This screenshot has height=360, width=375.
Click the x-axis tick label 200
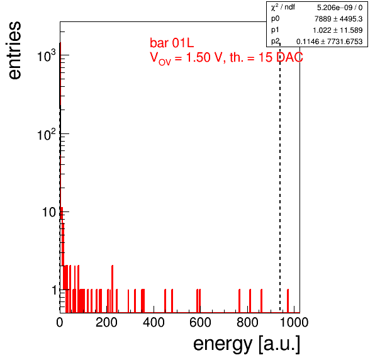pos(106,322)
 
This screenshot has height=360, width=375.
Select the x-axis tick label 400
pos(154,322)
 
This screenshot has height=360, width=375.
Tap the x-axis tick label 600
pos(200,322)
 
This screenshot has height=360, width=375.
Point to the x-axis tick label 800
pos(247,322)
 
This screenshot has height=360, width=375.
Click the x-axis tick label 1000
pos(294,322)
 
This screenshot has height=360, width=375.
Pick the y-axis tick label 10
pos(49,212)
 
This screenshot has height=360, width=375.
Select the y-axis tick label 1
pos(54,290)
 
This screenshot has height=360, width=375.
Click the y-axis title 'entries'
pos(15,50)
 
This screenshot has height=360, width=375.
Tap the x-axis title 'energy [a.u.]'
pos(247,344)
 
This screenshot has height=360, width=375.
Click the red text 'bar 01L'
pos(172,43)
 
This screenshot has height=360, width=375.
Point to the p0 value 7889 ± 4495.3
pos(339,19)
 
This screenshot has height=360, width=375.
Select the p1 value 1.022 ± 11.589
pos(338,30)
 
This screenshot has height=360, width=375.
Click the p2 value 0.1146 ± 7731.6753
pos(330,42)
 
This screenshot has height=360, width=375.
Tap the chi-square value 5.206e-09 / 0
pos(340,8)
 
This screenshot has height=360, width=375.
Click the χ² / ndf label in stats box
pos(283,7)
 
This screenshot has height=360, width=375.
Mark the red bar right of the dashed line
pos(288,301)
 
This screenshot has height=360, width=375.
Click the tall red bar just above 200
pos(113,289)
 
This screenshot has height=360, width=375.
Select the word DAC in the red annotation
pos(289,57)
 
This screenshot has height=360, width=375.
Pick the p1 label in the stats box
pos(275,30)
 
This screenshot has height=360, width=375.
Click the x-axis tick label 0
pos(60,322)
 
